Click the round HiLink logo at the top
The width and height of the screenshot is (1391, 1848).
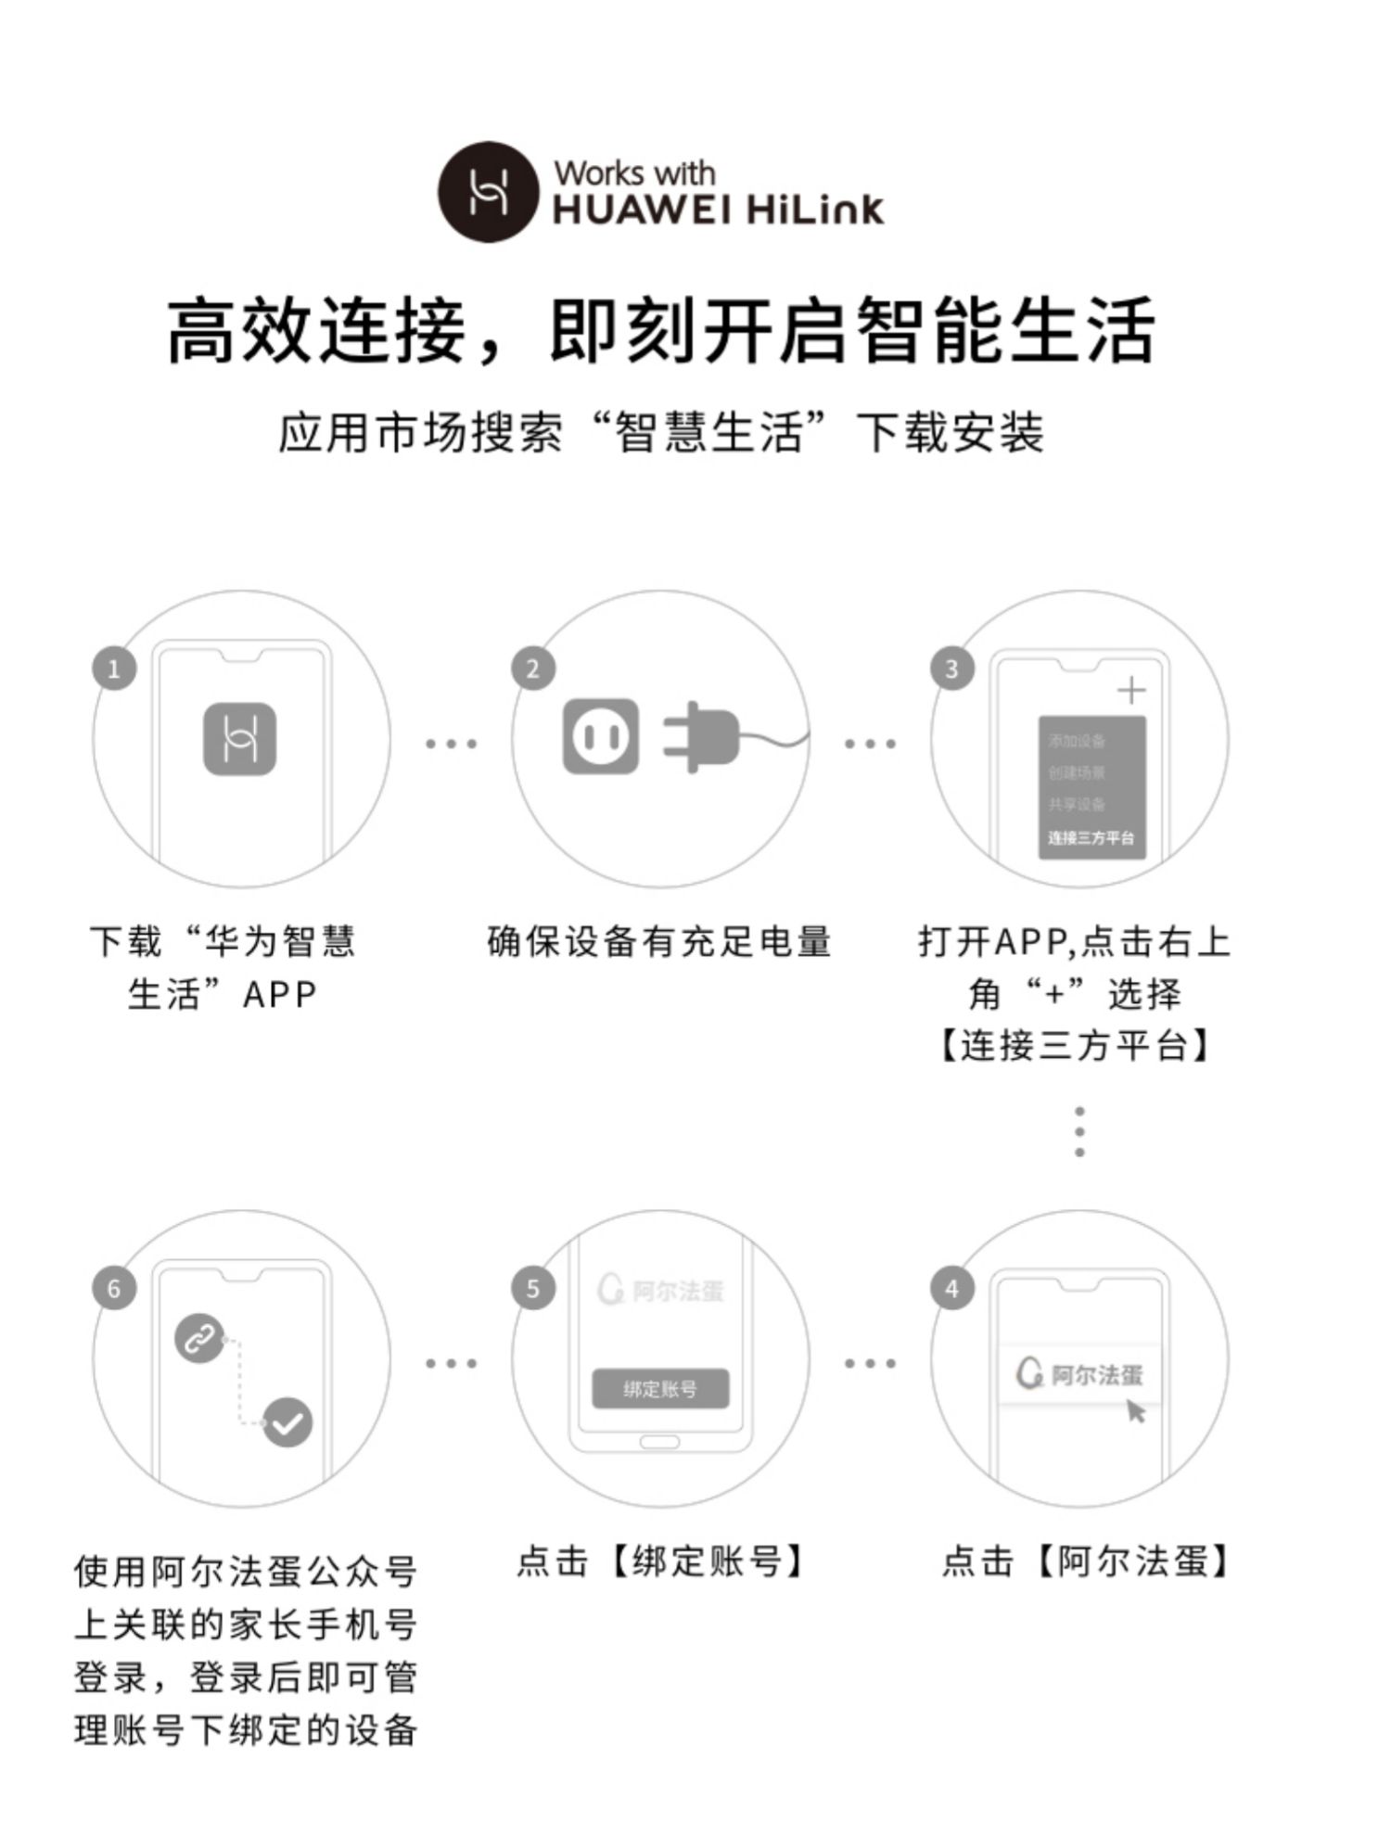click(x=489, y=192)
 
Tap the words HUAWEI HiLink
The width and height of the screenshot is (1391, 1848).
click(x=719, y=210)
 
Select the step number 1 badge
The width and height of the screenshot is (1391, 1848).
click(x=114, y=669)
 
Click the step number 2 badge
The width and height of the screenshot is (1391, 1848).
click(x=533, y=669)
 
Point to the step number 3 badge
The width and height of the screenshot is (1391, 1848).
click(x=951, y=669)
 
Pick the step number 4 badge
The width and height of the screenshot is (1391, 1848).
click(x=951, y=1288)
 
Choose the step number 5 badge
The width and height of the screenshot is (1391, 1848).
click(x=533, y=1288)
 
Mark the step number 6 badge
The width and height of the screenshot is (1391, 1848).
click(x=114, y=1288)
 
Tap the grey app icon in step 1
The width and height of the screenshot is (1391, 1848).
click(x=240, y=738)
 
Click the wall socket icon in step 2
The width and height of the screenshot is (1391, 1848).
click(x=601, y=737)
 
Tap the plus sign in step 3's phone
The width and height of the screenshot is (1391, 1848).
click(x=1131, y=691)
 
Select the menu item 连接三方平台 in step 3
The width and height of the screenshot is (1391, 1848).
click(x=1091, y=838)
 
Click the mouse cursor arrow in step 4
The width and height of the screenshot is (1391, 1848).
click(x=1136, y=1411)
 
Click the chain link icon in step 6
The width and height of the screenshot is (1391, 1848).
click(x=199, y=1338)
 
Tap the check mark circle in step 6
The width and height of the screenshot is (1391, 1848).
click(x=287, y=1421)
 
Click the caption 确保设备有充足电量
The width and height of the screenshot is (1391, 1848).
click(x=659, y=942)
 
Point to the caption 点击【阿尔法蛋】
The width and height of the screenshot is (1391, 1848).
click(x=1085, y=1561)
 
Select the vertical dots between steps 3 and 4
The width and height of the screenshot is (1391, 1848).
click(x=1079, y=1131)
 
